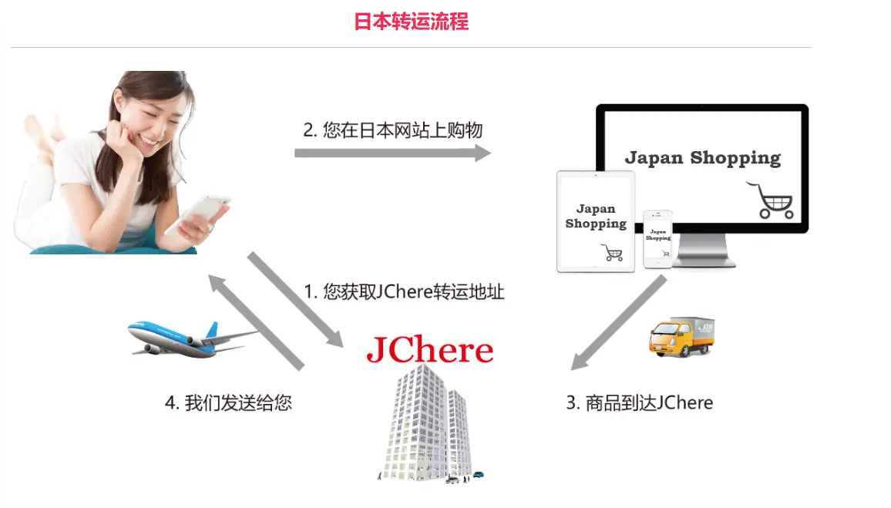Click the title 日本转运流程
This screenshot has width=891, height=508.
pos(411,21)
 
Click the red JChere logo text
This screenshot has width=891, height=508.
pos(429,349)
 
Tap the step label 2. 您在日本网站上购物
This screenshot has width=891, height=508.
pos(392,130)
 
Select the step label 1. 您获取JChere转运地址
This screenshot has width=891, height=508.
pos(404,292)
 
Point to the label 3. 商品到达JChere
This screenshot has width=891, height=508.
pos(640,402)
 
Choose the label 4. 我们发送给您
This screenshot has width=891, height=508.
pos(228,402)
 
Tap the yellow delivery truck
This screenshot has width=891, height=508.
pos(681,335)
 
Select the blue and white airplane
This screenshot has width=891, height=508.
pos(189,337)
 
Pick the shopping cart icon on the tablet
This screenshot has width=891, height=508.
pos(612,251)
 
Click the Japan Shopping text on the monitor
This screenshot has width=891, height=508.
pos(702,158)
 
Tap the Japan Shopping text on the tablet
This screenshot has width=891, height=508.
pos(596,216)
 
